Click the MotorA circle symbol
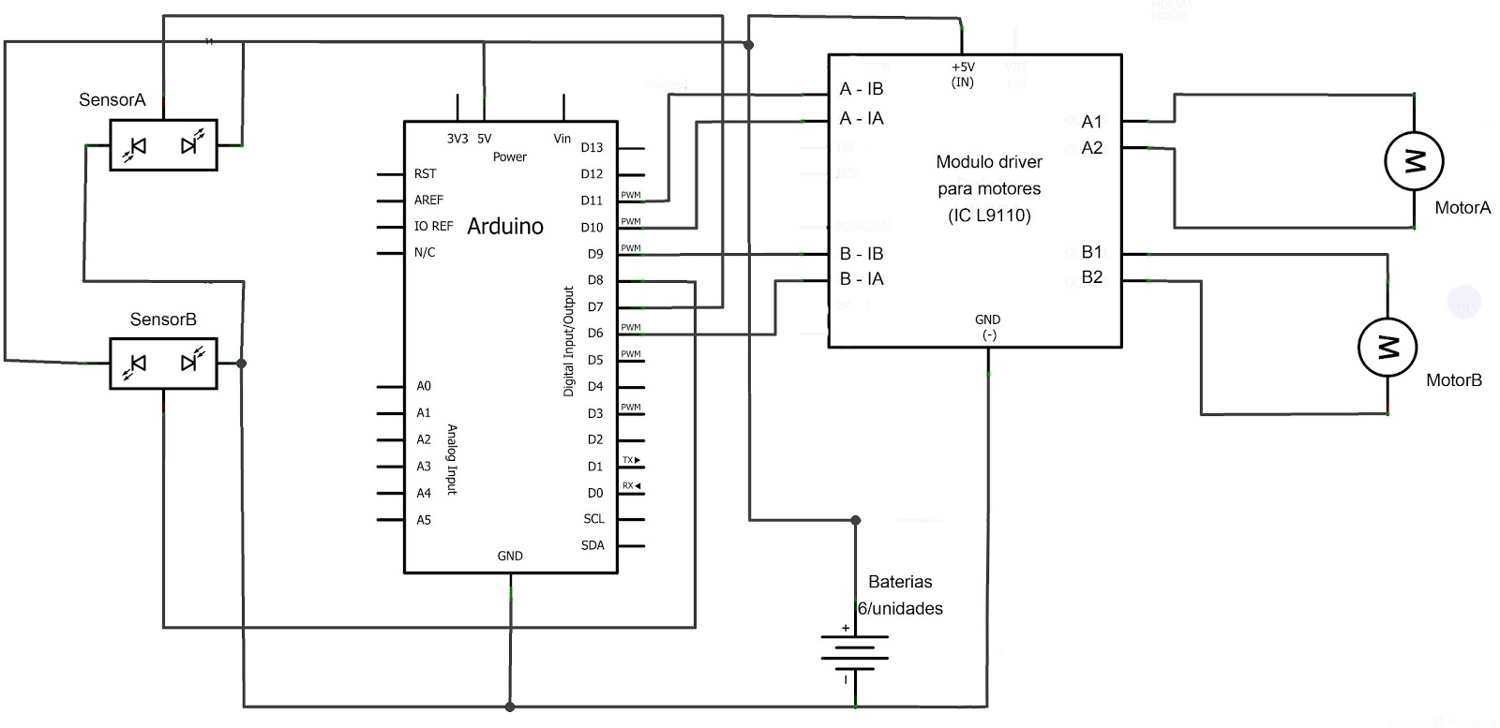[1414, 161]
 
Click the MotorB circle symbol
[1387, 347]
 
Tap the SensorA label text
[112, 99]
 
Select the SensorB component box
[163, 363]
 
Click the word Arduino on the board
[504, 226]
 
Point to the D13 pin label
[592, 147]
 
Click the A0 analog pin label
[424, 386]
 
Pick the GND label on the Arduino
[510, 556]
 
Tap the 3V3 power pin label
[457, 139]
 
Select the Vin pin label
[562, 139]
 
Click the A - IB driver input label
[861, 89]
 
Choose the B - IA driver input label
[861, 278]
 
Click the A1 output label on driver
[1091, 122]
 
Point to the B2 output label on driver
[1091, 277]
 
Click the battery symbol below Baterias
[854, 652]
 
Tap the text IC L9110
[989, 215]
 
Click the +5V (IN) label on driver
[963, 74]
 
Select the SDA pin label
[592, 545]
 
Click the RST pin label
[425, 173]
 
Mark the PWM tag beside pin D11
[631, 195]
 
